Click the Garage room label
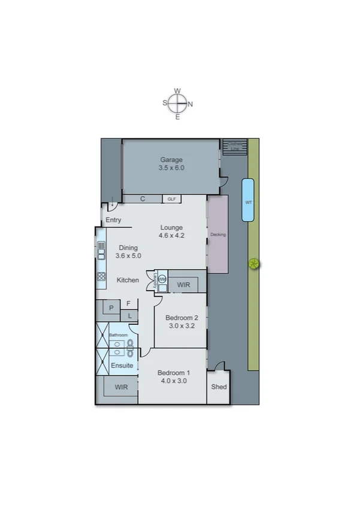[x=171, y=159]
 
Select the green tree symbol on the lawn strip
[x=254, y=263]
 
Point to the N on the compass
[x=190, y=104]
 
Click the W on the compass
[x=177, y=91]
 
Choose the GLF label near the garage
[x=171, y=198]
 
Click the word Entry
[x=113, y=220]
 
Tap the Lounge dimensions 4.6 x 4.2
[x=171, y=236]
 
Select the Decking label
[x=218, y=234]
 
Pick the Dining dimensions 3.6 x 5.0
[x=128, y=256]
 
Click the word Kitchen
[x=128, y=280]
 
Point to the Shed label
[x=219, y=387]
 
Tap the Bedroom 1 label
[x=174, y=372]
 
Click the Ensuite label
[x=122, y=365]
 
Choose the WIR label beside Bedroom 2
[x=183, y=285]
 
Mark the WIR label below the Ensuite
[x=122, y=387]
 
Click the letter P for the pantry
[x=111, y=309]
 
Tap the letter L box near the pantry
[x=129, y=316]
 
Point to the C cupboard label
[x=143, y=198]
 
